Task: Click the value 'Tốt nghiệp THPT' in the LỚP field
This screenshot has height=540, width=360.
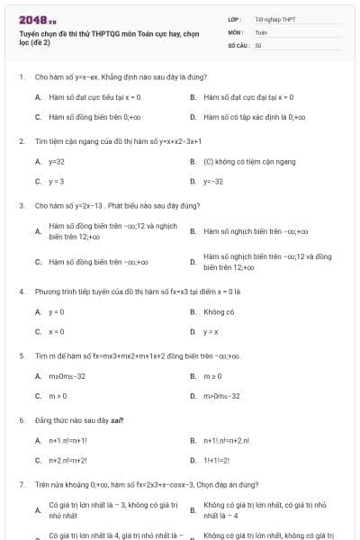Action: point(274,19)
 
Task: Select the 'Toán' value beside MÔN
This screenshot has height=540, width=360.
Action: point(261,31)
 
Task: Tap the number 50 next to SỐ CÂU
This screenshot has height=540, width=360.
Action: point(258,44)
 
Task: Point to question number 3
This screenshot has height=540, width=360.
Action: point(21,205)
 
